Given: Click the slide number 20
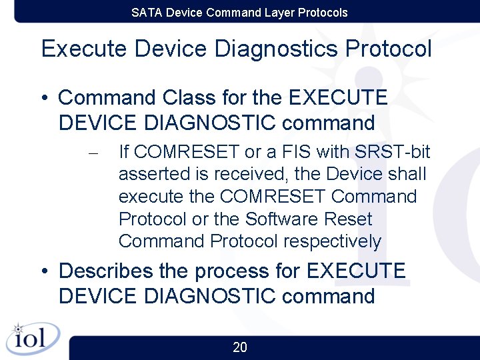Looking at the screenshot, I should tap(240, 347).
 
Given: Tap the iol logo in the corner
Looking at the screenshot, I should tap(31, 338).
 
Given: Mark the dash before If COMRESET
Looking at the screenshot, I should tap(93, 153).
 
